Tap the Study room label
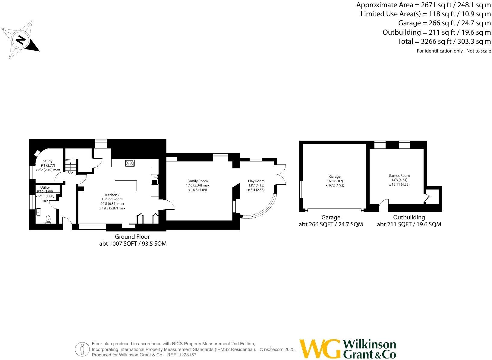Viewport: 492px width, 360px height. (x=48, y=161)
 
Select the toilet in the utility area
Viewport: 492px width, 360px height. (x=48, y=219)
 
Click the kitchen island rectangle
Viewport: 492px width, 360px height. (x=126, y=186)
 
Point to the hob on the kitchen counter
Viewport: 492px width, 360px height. (x=130, y=163)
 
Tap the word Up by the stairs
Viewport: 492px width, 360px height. (x=70, y=173)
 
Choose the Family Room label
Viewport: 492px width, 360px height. (x=197, y=181)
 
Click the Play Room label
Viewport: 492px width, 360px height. (x=256, y=181)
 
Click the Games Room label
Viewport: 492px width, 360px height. (x=399, y=176)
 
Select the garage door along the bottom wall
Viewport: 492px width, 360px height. (x=334, y=210)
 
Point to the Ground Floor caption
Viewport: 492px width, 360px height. (x=132, y=237)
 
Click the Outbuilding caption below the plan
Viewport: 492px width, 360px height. (x=409, y=217)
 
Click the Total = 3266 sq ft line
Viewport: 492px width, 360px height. (x=444, y=41)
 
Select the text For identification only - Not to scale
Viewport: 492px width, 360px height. (x=454, y=51)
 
